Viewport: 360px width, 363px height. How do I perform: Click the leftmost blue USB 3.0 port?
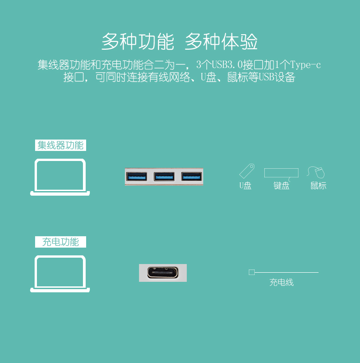coord(137,176)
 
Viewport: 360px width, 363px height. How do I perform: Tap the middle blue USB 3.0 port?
coord(164,176)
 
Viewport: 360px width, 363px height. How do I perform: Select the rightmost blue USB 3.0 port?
coord(191,176)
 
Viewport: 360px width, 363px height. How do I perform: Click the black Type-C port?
coord(163,273)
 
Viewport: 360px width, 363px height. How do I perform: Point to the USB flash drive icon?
coord(247,171)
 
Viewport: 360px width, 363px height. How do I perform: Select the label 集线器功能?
coord(61,145)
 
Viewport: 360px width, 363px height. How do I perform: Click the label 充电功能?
coord(61,242)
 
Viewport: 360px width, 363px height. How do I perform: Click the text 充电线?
coord(281,282)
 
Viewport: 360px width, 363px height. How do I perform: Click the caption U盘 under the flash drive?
coord(245,186)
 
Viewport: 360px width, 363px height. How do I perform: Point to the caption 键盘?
coord(281,186)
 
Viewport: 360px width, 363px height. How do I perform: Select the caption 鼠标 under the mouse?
coord(319,186)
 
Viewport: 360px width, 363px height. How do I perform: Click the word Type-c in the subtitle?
coord(305,65)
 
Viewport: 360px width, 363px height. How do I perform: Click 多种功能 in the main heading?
coord(138,41)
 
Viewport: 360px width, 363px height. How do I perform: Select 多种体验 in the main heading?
coord(221,41)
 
